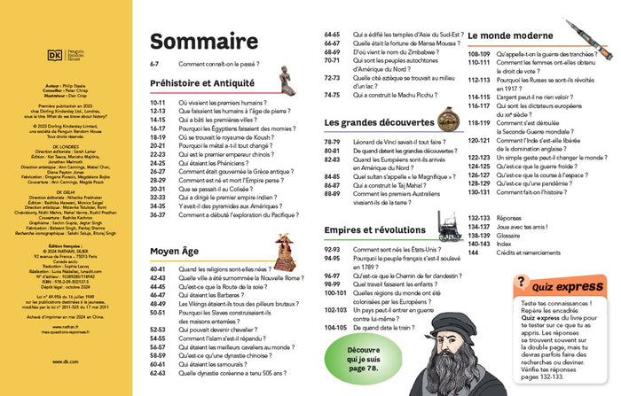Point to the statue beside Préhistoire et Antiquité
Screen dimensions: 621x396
coord(285,81)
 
